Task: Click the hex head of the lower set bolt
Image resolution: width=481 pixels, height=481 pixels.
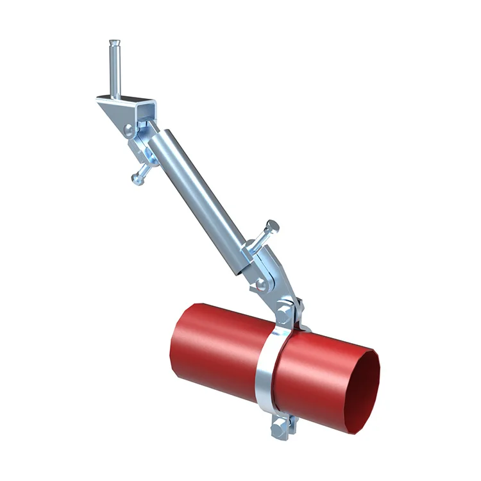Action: coord(273,226)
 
